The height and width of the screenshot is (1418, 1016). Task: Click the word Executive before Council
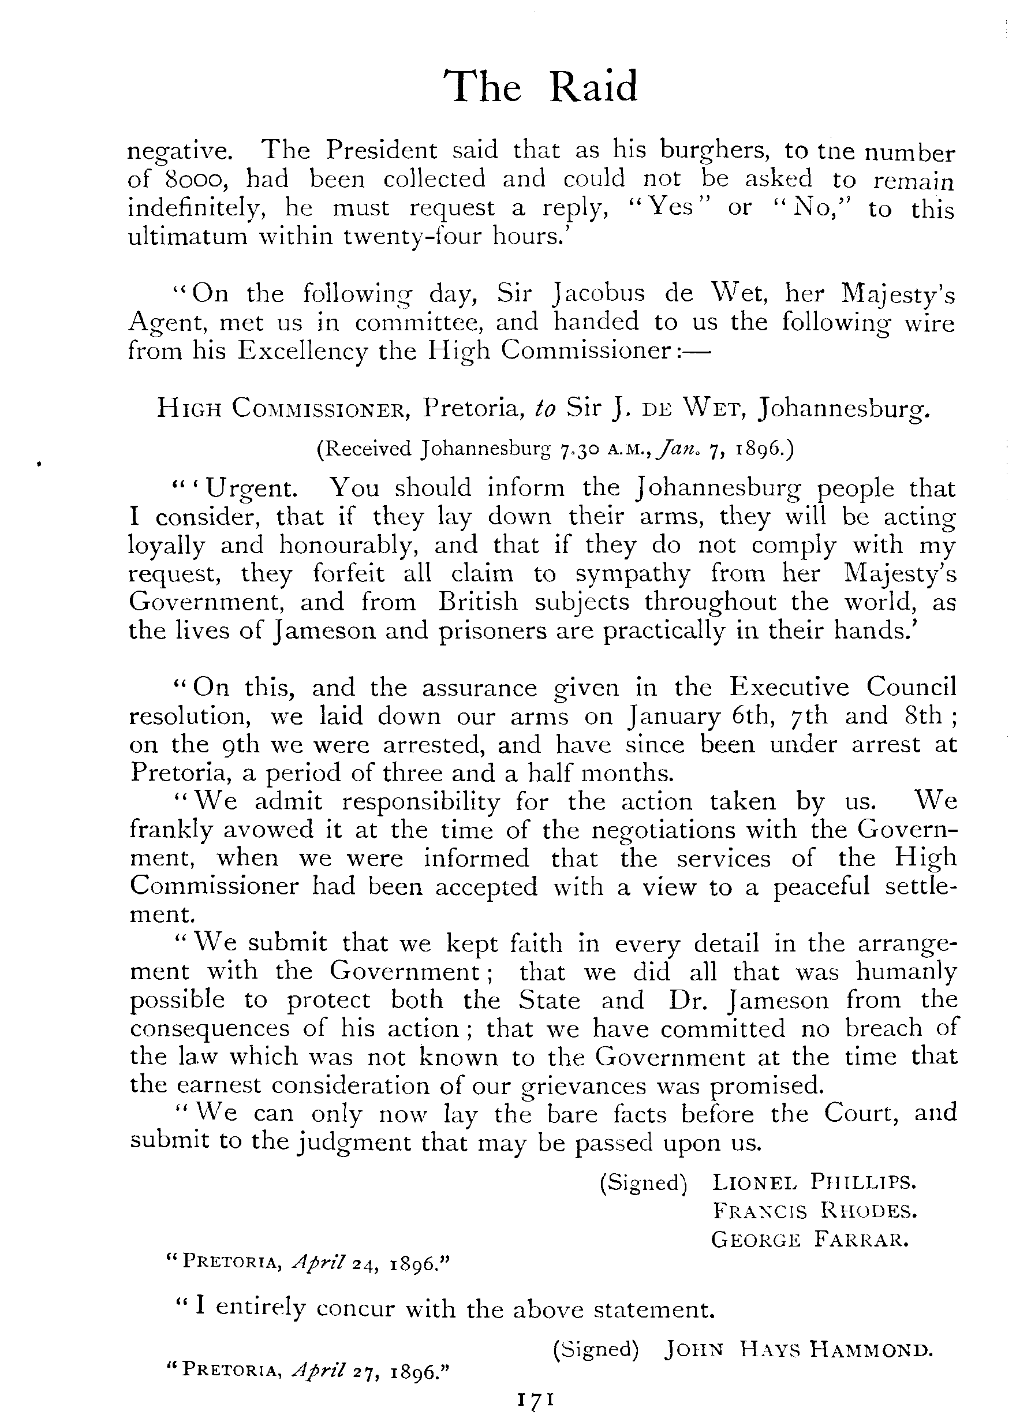[x=789, y=687]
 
